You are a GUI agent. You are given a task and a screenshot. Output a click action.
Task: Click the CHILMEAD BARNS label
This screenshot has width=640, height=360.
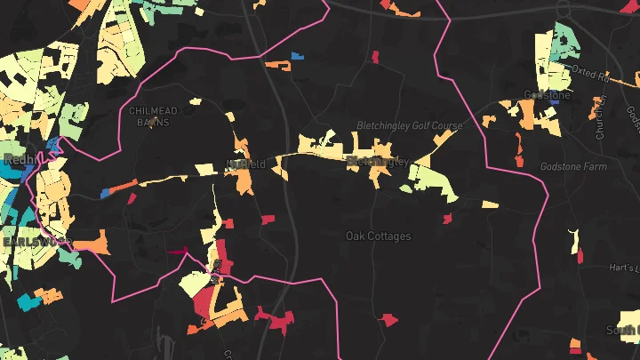(x=154, y=111)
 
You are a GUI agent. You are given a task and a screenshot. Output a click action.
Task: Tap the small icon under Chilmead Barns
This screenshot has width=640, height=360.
(x=154, y=122)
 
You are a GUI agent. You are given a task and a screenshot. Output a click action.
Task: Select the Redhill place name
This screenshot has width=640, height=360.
(x=17, y=159)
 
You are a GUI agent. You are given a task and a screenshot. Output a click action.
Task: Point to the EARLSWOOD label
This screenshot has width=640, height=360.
(x=34, y=242)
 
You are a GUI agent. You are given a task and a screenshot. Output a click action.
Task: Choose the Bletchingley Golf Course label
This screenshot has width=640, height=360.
(x=409, y=126)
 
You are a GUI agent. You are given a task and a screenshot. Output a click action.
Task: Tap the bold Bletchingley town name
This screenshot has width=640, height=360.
(x=377, y=161)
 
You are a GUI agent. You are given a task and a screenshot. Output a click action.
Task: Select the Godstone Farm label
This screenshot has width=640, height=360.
(x=573, y=166)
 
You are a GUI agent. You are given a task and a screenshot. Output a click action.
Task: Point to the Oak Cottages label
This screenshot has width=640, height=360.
(x=378, y=236)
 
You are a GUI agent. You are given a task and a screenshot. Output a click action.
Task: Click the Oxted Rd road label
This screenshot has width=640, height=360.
(x=588, y=70)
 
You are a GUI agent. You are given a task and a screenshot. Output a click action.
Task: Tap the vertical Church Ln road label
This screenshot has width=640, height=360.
(x=601, y=118)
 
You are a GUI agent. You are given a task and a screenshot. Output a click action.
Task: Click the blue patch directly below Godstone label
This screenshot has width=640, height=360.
(x=555, y=102)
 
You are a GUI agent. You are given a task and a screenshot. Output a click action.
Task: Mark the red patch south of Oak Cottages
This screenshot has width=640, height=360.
(x=388, y=318)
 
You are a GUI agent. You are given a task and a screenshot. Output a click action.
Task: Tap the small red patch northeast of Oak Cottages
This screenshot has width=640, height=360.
(x=447, y=218)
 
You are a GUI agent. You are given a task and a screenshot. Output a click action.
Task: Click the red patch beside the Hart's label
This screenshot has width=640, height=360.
(x=580, y=257)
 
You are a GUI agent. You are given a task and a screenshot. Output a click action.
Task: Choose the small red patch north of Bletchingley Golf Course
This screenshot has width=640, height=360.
(x=375, y=57)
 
